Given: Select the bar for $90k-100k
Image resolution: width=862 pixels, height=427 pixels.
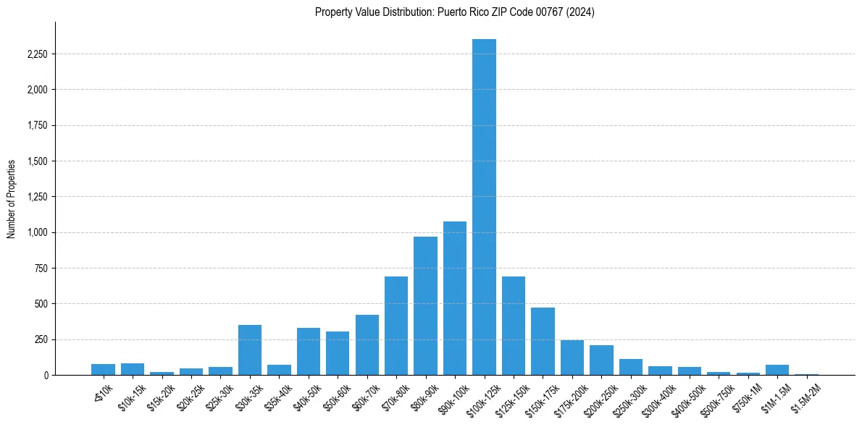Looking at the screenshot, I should (455, 298).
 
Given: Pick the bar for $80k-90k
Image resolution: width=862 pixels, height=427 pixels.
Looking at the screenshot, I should (425, 306).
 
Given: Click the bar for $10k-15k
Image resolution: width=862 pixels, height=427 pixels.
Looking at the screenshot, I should (133, 369).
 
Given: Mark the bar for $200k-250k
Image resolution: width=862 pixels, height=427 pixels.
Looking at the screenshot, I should (601, 360).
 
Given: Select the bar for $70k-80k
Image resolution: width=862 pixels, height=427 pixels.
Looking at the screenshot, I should (396, 326).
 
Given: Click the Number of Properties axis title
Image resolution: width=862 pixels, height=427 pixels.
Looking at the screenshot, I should (12, 198).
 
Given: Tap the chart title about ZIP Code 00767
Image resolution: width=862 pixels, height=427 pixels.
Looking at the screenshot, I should (454, 12).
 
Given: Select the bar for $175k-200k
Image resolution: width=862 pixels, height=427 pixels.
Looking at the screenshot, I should (572, 358).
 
